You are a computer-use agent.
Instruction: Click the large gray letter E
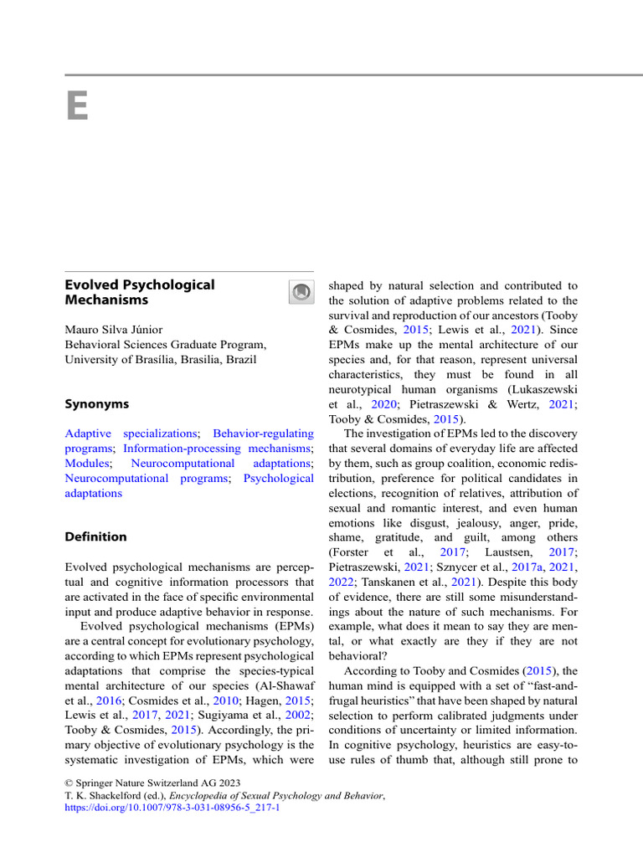[x=76, y=106]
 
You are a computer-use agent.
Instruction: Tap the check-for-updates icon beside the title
[x=301, y=292]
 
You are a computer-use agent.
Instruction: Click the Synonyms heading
[x=97, y=404]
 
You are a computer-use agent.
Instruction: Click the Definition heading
[x=95, y=536]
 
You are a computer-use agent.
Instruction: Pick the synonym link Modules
[x=86, y=464]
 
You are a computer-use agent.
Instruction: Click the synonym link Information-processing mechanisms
[x=217, y=449]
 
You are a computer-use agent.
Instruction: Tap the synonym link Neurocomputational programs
[x=146, y=479]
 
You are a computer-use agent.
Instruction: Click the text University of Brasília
[x=122, y=360]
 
